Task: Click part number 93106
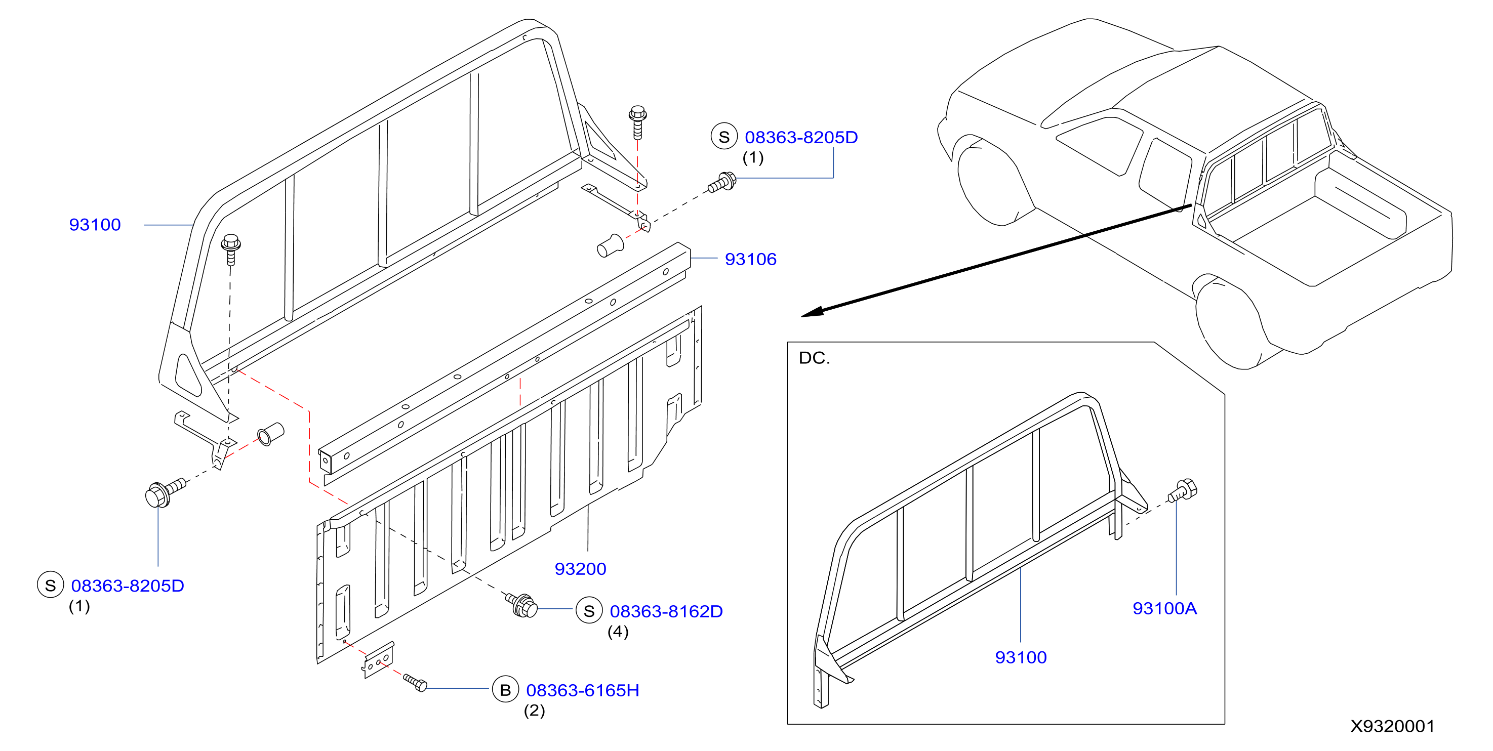[751, 259]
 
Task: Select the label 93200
[580, 568]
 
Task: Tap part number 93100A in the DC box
[1164, 608]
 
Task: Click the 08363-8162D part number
[666, 611]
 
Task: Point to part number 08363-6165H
[583, 690]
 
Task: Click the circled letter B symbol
[505, 690]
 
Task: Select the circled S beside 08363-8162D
[589, 611]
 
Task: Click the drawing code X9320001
[1392, 726]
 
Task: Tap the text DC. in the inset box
[814, 358]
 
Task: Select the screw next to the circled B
[415, 683]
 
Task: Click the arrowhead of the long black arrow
[812, 312]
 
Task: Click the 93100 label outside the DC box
[95, 224]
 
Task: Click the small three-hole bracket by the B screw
[379, 660]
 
